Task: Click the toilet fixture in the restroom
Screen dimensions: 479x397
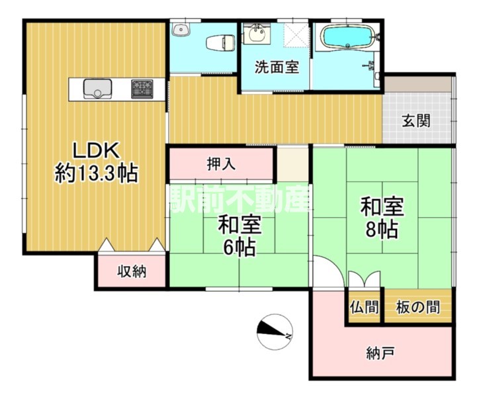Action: click(x=220, y=42)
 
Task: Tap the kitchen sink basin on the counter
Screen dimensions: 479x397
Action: click(x=97, y=89)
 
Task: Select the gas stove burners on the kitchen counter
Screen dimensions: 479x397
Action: click(x=142, y=89)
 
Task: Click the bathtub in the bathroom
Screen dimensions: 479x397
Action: click(x=348, y=36)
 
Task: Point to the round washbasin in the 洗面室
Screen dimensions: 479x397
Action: click(x=256, y=33)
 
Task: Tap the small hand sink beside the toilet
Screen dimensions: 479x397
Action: click(x=181, y=30)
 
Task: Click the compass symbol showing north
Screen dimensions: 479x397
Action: click(x=275, y=332)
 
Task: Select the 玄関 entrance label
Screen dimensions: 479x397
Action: click(x=415, y=120)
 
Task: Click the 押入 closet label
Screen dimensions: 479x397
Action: click(x=221, y=164)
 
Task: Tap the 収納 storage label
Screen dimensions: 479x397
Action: click(x=132, y=271)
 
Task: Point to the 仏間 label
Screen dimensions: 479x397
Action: click(x=364, y=307)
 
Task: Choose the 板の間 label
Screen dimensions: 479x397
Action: click(x=418, y=307)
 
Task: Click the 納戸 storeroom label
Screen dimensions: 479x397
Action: click(x=380, y=353)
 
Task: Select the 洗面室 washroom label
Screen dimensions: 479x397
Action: click(x=277, y=67)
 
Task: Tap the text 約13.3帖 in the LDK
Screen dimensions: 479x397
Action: click(x=96, y=174)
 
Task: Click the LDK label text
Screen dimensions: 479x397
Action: click(x=95, y=151)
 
